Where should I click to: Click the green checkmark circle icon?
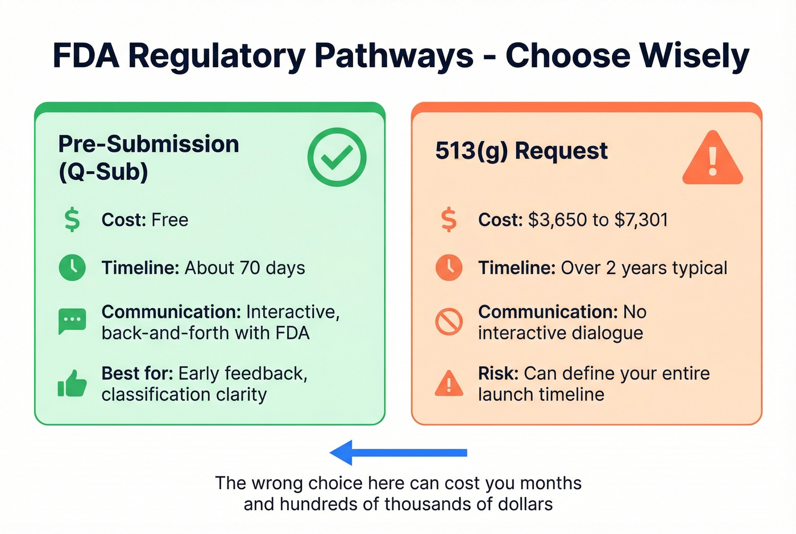(x=337, y=157)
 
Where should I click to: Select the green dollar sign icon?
(x=72, y=220)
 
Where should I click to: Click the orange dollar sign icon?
(x=449, y=220)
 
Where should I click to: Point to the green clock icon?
(x=72, y=267)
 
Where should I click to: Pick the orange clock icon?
(x=449, y=267)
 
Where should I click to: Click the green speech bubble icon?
(x=72, y=321)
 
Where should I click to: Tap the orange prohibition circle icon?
(x=449, y=322)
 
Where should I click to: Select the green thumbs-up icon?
(x=72, y=384)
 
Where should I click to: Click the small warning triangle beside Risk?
(x=449, y=383)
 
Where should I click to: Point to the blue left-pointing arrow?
(x=398, y=453)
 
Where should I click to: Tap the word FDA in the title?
(x=86, y=56)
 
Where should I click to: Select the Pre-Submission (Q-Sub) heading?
(x=148, y=158)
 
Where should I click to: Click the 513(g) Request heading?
(x=521, y=151)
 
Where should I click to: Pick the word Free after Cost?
(x=170, y=220)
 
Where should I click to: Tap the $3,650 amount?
(x=557, y=220)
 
